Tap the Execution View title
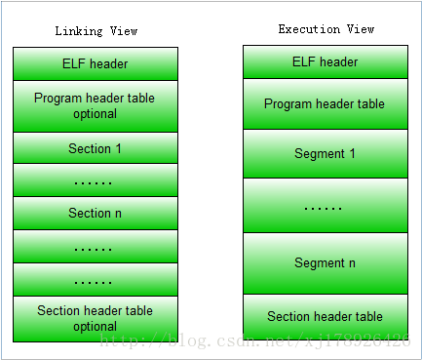[x=326, y=29]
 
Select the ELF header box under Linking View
[x=96, y=64]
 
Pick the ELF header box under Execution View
[x=326, y=62]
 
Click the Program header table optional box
[x=96, y=106]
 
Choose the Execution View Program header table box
[x=326, y=104]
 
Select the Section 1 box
[x=96, y=148]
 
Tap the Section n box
[x=96, y=213]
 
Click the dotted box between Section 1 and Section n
[x=96, y=180]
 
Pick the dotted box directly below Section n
[x=96, y=247]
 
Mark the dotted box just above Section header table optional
[x=96, y=279]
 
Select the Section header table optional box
[x=96, y=318]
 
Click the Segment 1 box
[x=326, y=153]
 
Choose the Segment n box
[x=326, y=262]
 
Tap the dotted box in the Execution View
[x=326, y=206]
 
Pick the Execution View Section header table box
[x=326, y=316]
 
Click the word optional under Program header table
[x=95, y=114]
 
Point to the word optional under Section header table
[x=95, y=326]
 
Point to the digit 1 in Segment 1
[x=352, y=154]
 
